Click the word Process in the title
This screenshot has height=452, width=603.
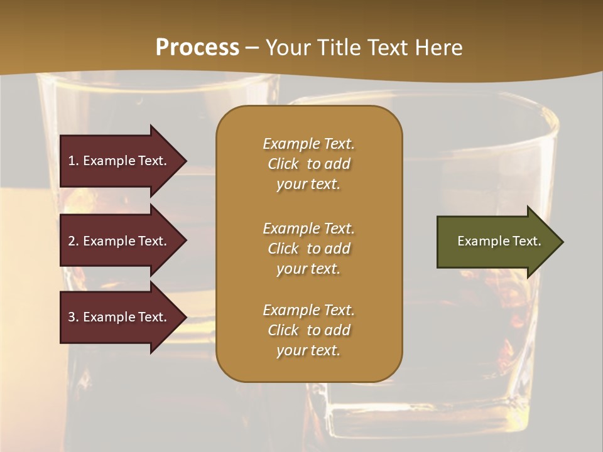[x=197, y=47]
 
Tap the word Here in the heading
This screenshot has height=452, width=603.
[x=438, y=47]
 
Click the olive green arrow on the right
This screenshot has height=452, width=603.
[x=496, y=241]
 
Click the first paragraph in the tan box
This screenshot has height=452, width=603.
[x=308, y=164]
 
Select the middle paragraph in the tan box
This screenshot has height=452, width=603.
[x=308, y=249]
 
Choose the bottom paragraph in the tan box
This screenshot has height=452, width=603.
[x=308, y=330]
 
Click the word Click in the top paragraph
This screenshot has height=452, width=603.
[x=283, y=164]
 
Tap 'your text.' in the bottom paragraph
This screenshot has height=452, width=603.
[x=308, y=350]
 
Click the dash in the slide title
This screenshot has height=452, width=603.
[x=252, y=48]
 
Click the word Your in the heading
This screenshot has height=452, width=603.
[x=287, y=47]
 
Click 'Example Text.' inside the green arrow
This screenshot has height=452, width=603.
[x=499, y=241]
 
